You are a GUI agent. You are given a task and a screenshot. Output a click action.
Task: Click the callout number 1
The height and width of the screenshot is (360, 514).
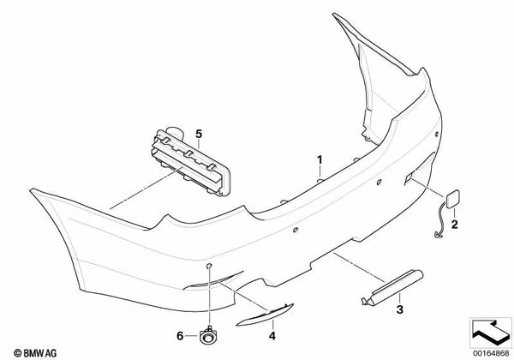[319, 159]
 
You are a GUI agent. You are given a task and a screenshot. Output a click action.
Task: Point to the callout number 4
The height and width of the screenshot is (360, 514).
[274, 324]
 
